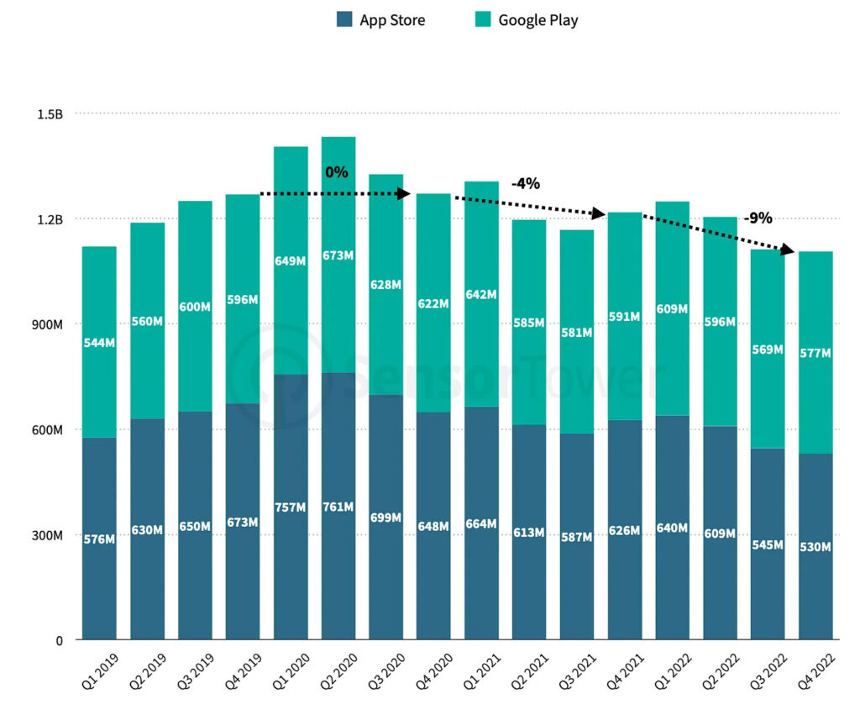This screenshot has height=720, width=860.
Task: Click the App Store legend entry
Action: click(380, 20)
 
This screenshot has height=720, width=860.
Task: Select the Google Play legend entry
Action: click(527, 20)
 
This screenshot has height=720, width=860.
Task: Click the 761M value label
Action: click(338, 507)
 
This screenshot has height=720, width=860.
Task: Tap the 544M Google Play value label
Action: click(99, 343)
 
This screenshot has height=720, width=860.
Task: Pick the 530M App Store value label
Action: click(815, 547)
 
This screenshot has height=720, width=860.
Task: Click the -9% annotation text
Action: click(758, 218)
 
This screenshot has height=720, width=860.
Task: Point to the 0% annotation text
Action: click(337, 172)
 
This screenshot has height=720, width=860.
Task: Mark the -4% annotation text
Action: click(526, 183)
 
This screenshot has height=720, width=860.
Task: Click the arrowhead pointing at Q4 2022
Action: click(787, 250)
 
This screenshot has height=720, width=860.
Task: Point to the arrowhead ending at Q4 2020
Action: click(403, 194)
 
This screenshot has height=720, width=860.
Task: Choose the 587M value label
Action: click(577, 537)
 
